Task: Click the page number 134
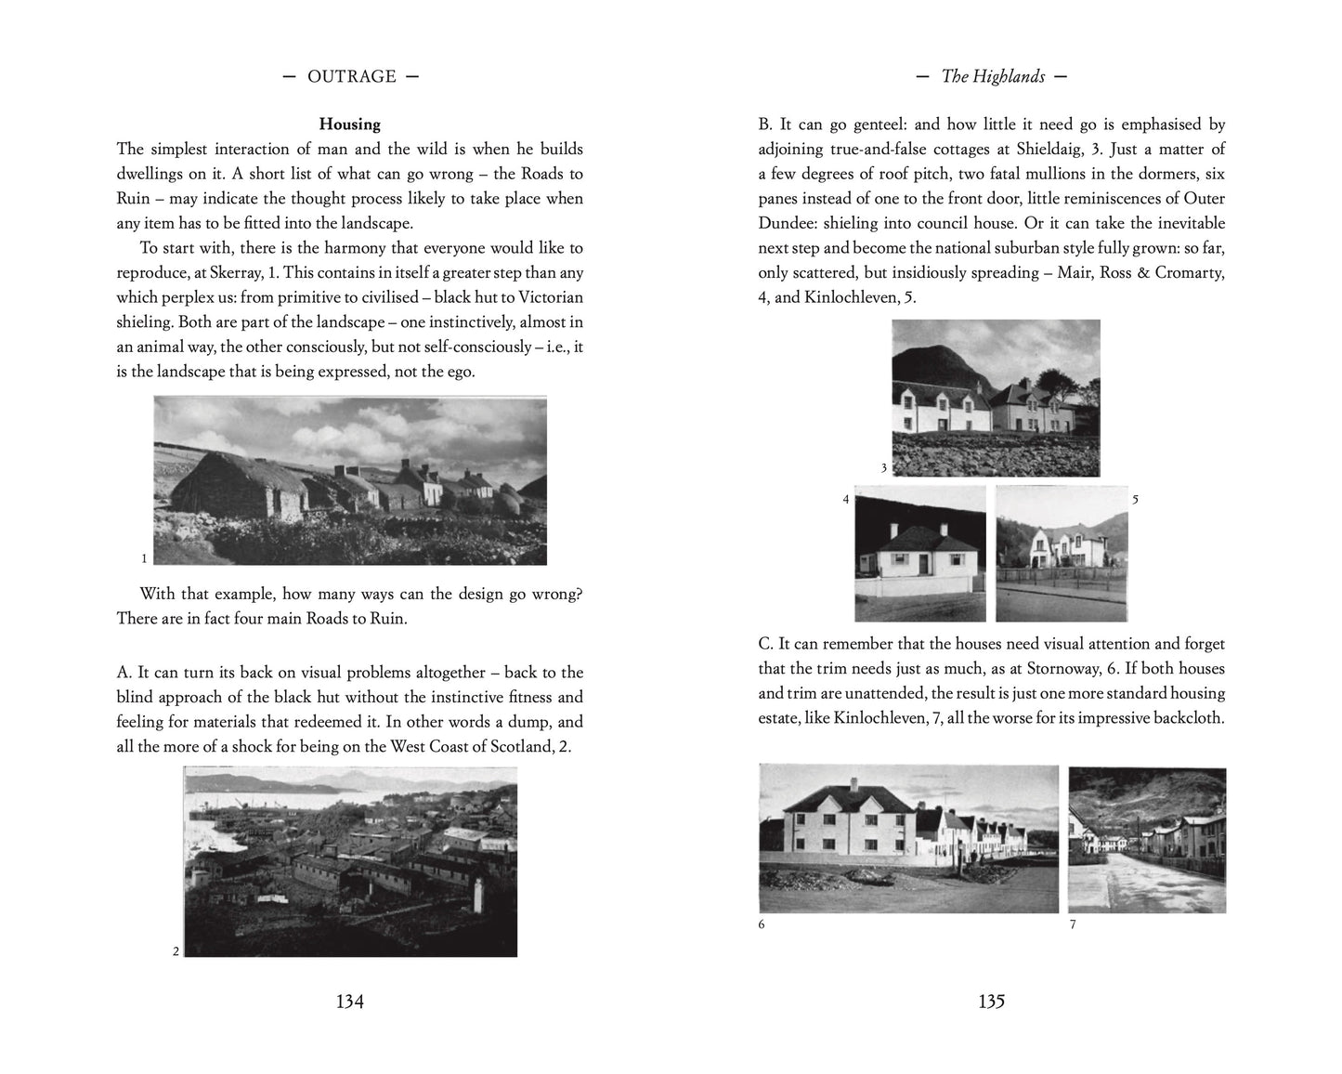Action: (349, 1002)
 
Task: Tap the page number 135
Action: (991, 1002)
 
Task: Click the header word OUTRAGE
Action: (351, 77)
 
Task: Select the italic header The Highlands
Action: (992, 77)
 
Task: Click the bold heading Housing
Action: (349, 124)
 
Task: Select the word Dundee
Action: (793, 223)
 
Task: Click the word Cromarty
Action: (1190, 272)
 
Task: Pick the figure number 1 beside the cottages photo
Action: (144, 558)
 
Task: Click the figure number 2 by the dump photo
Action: (176, 950)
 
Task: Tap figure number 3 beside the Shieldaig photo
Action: (883, 468)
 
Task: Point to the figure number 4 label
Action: (845, 500)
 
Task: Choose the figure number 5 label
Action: (1135, 500)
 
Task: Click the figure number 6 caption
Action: (762, 924)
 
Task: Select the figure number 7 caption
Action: (1073, 924)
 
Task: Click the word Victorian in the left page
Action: (545, 297)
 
